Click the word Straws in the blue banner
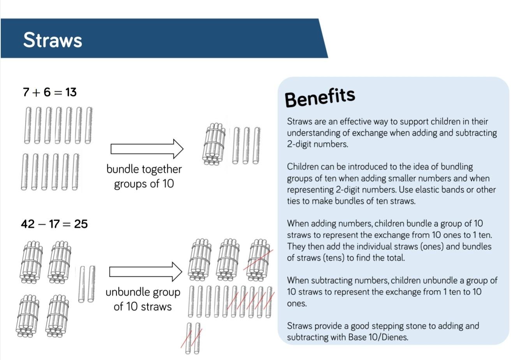tap(53, 40)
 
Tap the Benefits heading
tap(320, 98)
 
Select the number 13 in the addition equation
tap(71, 92)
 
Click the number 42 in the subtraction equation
tap(28, 224)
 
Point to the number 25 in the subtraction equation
tap(81, 224)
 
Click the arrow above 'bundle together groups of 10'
tap(147, 149)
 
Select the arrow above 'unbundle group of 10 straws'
tap(146, 272)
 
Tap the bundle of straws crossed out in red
tap(259, 260)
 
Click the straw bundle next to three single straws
tap(213, 144)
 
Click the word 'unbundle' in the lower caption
tap(126, 292)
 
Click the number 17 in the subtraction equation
tap(54, 224)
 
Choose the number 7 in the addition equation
tap(26, 92)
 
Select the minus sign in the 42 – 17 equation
tap(42, 224)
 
